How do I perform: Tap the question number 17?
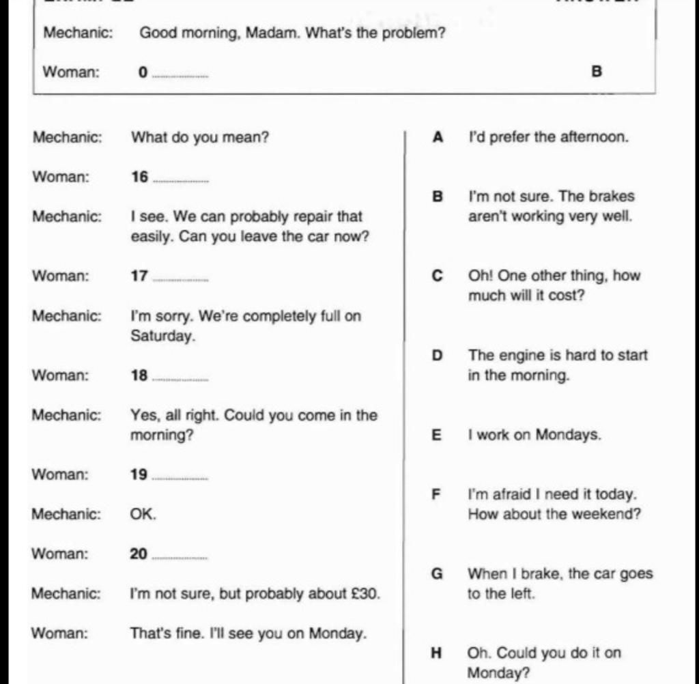(139, 276)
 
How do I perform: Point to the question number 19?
(139, 474)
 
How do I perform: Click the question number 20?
(139, 554)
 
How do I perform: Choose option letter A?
(438, 137)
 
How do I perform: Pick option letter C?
(438, 276)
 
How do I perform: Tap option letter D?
(438, 355)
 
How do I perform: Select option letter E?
(437, 435)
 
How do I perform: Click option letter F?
(437, 494)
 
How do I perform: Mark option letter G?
(438, 573)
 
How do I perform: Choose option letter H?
(437, 653)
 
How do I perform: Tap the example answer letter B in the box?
(597, 71)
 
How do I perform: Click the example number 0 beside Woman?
(143, 72)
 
